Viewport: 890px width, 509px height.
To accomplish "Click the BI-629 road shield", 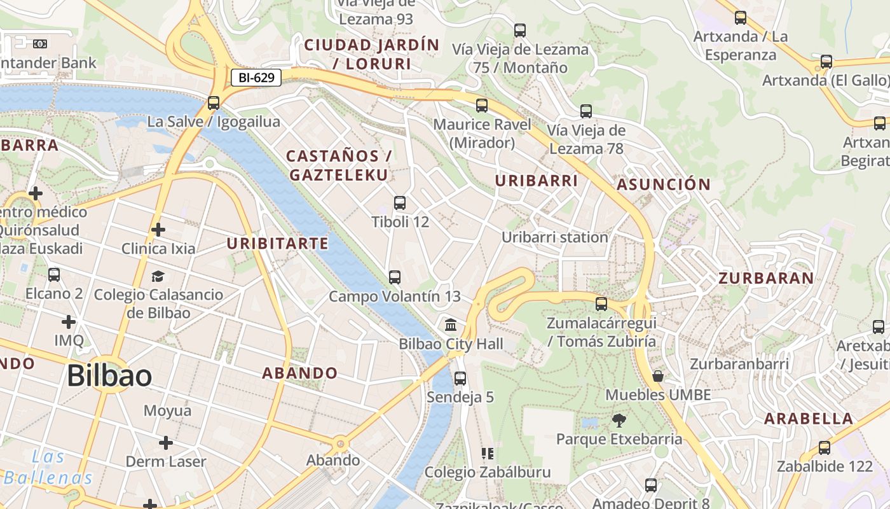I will [256, 78].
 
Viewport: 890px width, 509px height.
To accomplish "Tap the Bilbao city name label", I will [109, 376].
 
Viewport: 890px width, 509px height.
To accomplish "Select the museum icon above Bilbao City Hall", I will [451, 325].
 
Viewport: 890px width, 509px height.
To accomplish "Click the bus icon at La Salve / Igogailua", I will [214, 102].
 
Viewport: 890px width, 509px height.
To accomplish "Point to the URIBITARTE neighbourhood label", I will [278, 244].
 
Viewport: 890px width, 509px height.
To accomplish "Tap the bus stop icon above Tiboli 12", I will [400, 203].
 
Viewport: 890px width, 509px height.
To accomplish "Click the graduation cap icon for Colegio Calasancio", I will [158, 276].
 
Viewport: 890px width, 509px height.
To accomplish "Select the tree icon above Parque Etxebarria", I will [619, 420].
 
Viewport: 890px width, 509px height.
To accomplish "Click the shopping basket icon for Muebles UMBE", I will [658, 376].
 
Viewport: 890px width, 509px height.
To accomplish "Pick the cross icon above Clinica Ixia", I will [158, 230].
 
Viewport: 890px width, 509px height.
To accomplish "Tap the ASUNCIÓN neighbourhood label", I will [664, 185].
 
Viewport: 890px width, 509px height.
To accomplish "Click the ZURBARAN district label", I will [766, 278].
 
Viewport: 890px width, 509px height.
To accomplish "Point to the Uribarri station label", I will [555, 237].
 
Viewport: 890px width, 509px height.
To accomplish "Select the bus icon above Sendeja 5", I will [460, 379].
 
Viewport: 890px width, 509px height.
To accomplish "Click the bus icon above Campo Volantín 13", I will [395, 277].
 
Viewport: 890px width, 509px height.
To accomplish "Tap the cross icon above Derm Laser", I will [166, 443].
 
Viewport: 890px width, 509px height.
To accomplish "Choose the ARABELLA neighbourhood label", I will [809, 419].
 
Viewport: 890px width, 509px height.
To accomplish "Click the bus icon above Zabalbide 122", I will [825, 448].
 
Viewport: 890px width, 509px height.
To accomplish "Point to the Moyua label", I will [167, 410].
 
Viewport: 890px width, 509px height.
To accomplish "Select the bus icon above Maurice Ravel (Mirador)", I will [482, 106].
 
